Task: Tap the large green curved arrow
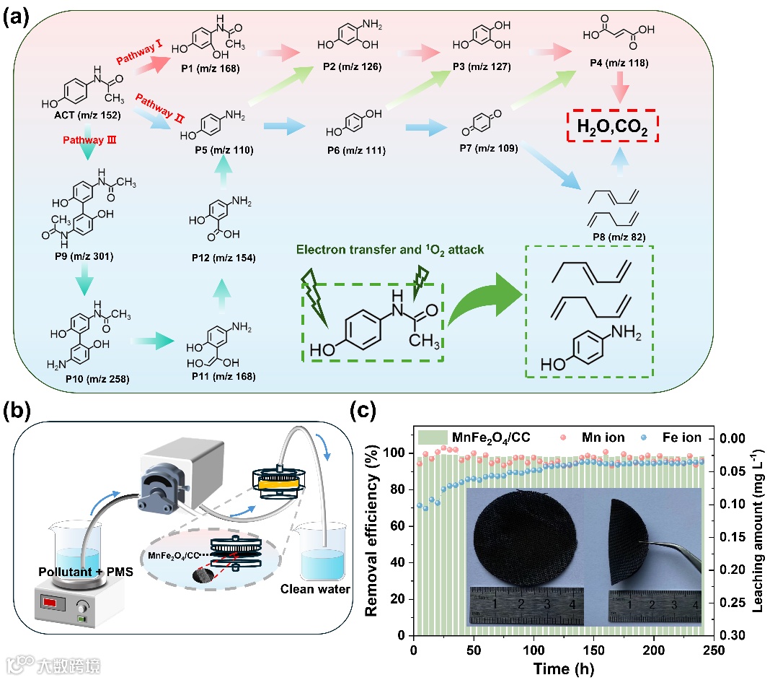pos(484,302)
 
